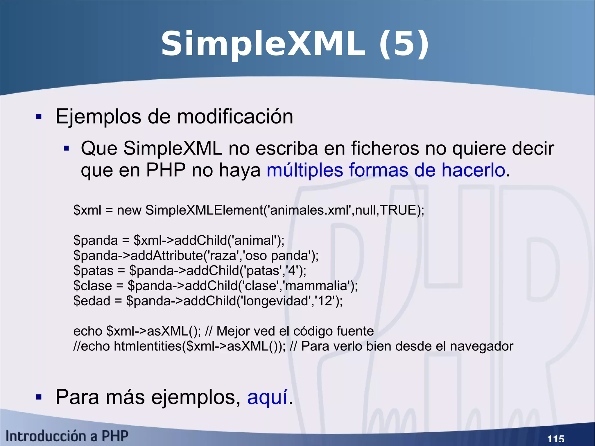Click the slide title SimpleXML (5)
(295, 44)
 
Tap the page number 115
(555, 438)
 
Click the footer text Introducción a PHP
(67, 436)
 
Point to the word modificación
(235, 117)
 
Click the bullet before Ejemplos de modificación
(39, 117)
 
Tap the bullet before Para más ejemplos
(39, 397)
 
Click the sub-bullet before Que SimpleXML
(66, 149)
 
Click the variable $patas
(93, 271)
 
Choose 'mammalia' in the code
(317, 286)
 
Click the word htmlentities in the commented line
(148, 346)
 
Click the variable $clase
(93, 286)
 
